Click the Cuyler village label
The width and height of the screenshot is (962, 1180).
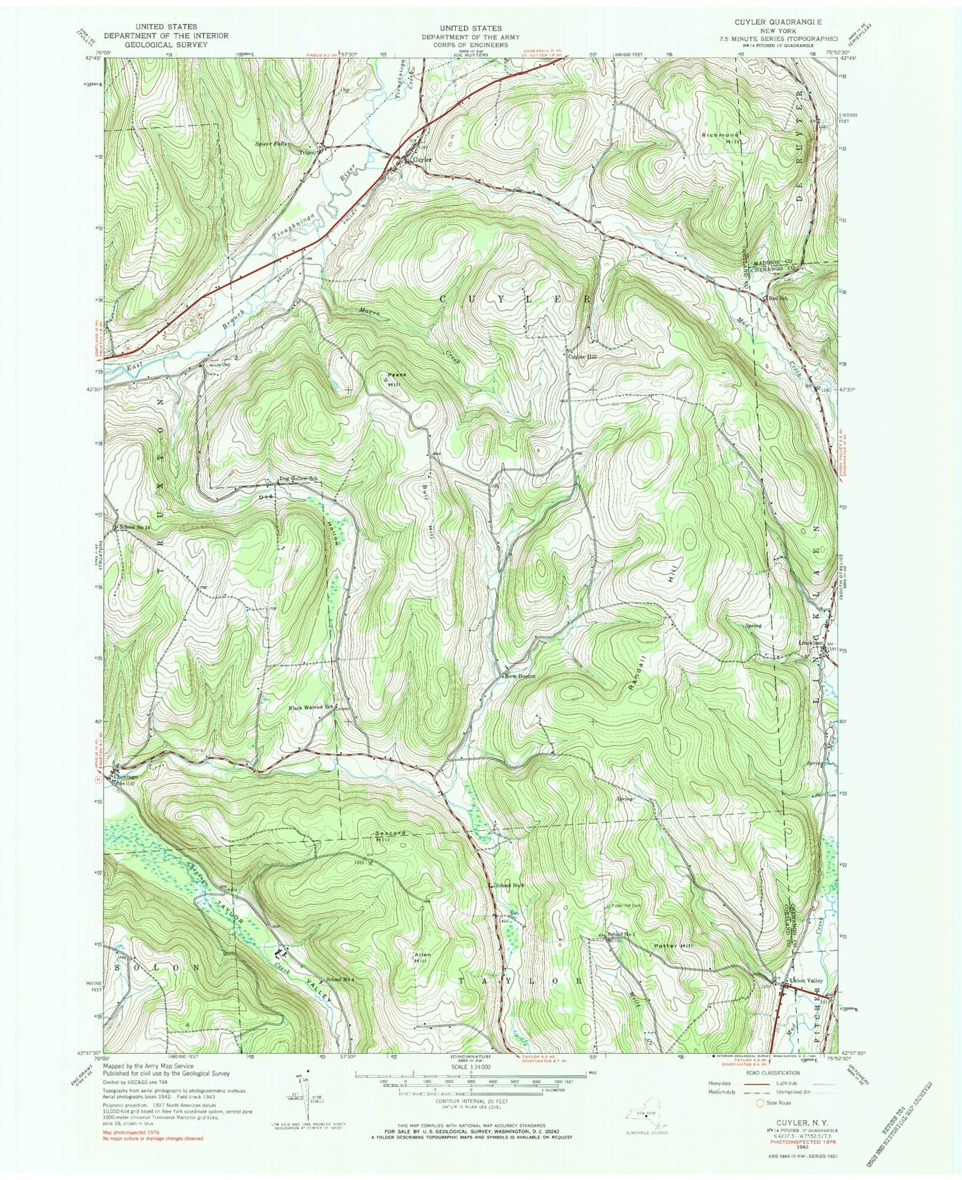tap(422, 160)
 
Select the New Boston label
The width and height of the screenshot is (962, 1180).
tap(520, 676)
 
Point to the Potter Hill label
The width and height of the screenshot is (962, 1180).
tap(672, 946)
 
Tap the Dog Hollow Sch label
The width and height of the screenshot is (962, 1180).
tap(297, 479)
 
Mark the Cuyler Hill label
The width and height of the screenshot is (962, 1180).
tap(583, 356)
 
